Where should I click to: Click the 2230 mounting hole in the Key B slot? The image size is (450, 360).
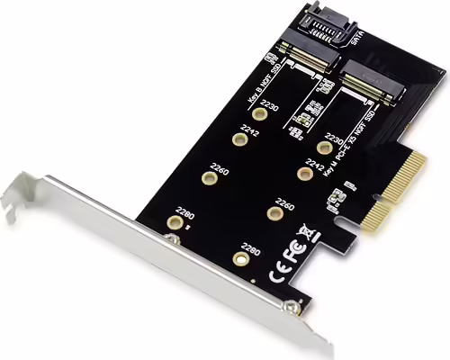pos(265,113)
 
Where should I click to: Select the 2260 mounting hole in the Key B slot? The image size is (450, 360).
pos(208,177)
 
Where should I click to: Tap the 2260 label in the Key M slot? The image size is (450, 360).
pos(285,202)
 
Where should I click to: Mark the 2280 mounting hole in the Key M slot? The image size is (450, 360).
pos(239,257)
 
